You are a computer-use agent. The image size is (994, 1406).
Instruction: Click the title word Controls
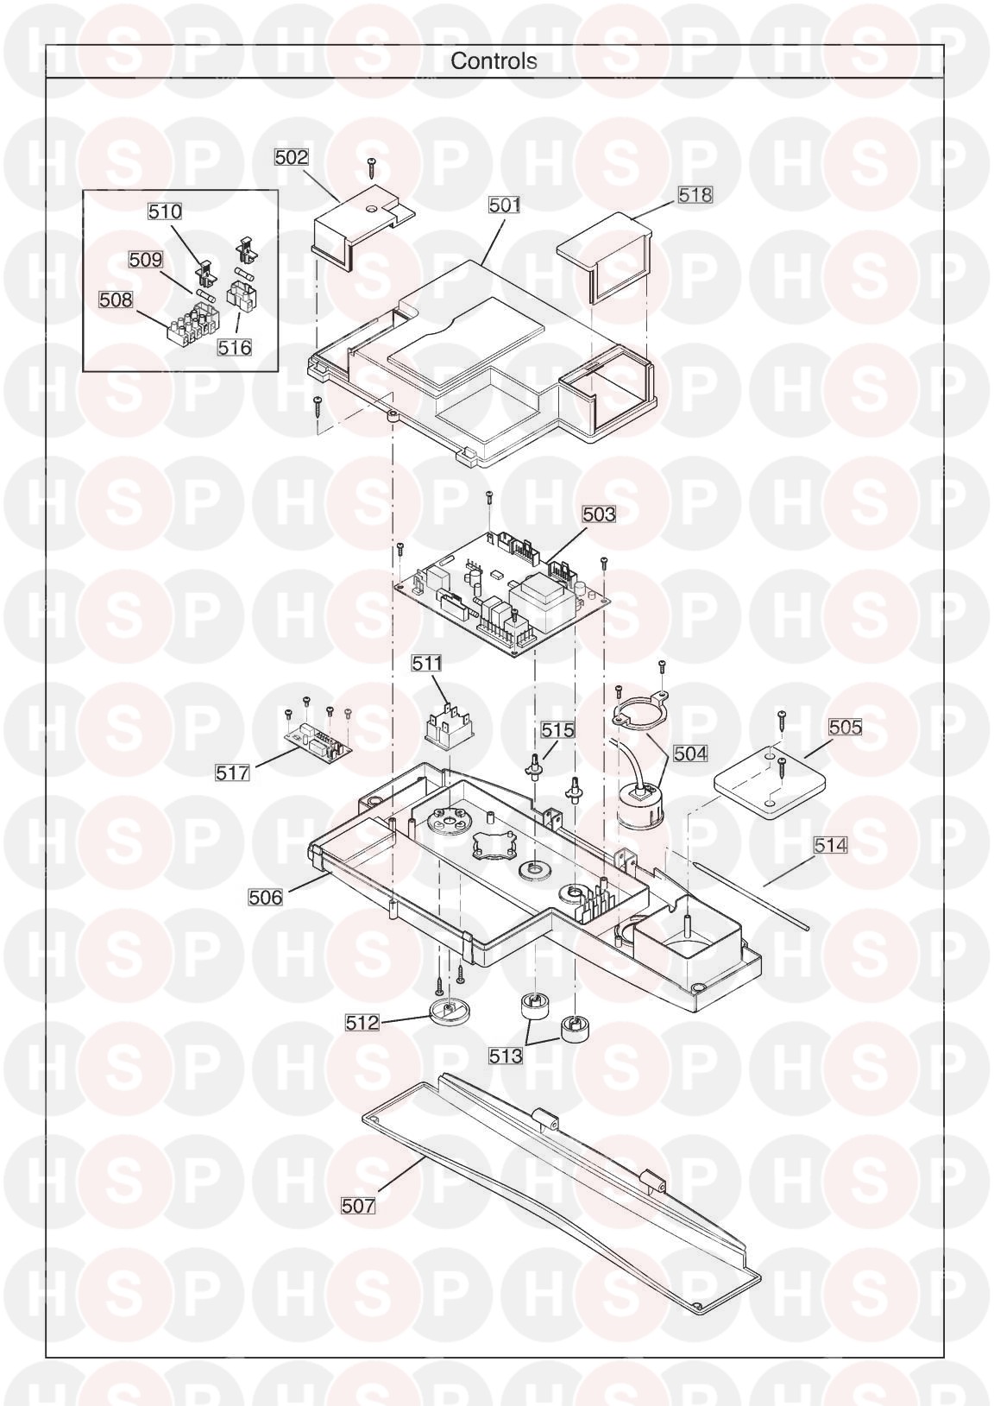pyautogui.click(x=494, y=61)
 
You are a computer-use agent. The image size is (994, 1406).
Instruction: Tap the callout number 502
pyautogui.click(x=292, y=157)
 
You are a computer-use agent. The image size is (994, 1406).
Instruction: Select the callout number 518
pyautogui.click(x=695, y=194)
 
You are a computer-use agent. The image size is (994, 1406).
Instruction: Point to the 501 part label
pyautogui.click(x=505, y=205)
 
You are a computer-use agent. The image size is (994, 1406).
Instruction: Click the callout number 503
pyautogui.click(x=600, y=514)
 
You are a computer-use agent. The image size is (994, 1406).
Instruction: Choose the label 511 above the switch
pyautogui.click(x=427, y=664)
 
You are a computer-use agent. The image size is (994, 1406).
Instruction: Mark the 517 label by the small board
pyautogui.click(x=232, y=772)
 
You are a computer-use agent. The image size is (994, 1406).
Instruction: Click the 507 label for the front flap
pyautogui.click(x=358, y=1206)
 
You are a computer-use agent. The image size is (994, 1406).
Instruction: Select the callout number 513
pyautogui.click(x=506, y=1056)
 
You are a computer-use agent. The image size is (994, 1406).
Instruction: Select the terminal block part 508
pyautogui.click(x=190, y=321)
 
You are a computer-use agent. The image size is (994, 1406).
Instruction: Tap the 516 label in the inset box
pyautogui.click(x=235, y=347)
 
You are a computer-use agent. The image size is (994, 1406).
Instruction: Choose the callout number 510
pyautogui.click(x=165, y=211)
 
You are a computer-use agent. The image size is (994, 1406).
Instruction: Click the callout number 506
pyautogui.click(x=266, y=898)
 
